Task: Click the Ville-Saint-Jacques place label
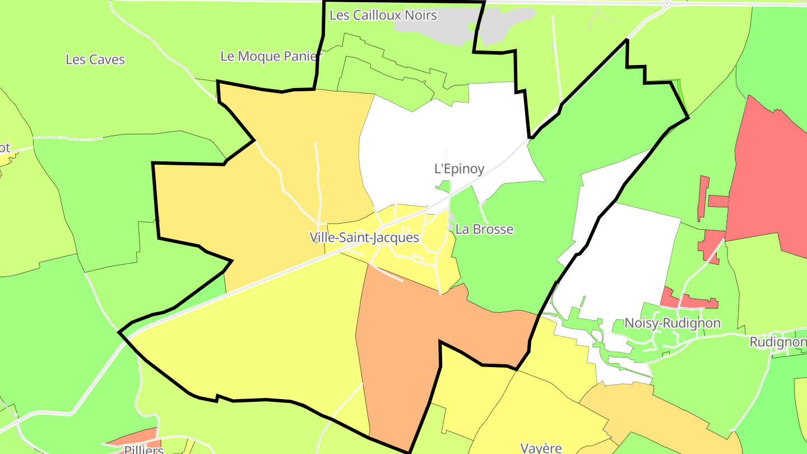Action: (364, 238)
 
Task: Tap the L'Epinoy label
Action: (460, 169)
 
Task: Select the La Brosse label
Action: (484, 229)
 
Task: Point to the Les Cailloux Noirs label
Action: (383, 15)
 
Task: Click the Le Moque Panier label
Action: (271, 56)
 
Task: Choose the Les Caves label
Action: (95, 59)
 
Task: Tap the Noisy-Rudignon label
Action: (672, 323)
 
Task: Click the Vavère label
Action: (541, 448)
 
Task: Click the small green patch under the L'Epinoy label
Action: (444, 186)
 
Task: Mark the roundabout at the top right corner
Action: (666, 4)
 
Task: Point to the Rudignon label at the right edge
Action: (778, 342)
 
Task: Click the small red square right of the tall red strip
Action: (718, 201)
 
